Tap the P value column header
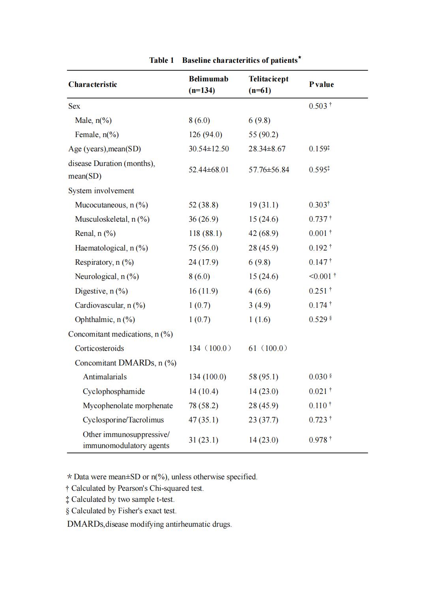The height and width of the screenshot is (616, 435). click(321, 84)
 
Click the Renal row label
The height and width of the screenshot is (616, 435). click(95, 234)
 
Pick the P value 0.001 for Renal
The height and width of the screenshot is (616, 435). click(318, 234)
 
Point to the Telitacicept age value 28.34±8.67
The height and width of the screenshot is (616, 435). click(267, 149)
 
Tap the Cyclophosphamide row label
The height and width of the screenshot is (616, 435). click(114, 392)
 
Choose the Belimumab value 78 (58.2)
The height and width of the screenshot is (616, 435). click(203, 406)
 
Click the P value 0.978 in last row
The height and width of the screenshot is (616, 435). click(318, 440)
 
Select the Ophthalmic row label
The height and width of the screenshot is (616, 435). click(105, 320)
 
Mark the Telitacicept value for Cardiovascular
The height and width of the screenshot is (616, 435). click(259, 305)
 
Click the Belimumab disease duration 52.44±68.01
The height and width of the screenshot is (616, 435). click(208, 170)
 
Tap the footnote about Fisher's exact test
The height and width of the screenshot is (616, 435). click(122, 511)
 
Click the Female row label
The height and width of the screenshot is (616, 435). click(97, 135)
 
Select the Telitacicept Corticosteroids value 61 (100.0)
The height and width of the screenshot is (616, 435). click(268, 349)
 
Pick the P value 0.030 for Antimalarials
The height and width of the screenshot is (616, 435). click(318, 377)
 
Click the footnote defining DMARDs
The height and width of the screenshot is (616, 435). click(149, 524)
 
